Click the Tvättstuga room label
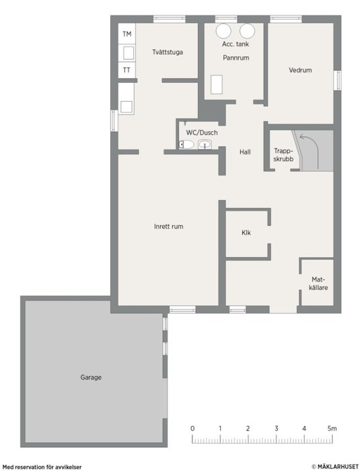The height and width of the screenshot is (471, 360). pyautogui.click(x=168, y=52)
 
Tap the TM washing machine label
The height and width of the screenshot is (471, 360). pyautogui.click(x=127, y=34)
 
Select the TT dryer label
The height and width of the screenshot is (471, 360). pyautogui.click(x=127, y=70)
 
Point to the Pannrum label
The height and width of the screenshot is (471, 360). pyautogui.click(x=236, y=58)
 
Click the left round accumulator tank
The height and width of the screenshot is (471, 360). pyautogui.click(x=223, y=31)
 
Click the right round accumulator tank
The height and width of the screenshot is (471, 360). pyautogui.click(x=248, y=31)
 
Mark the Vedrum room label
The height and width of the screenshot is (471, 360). pyautogui.click(x=300, y=70)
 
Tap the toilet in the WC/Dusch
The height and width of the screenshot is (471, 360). pyautogui.click(x=186, y=145)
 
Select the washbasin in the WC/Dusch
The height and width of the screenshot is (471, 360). pyautogui.click(x=205, y=145)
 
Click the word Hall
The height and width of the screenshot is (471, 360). pyautogui.click(x=245, y=152)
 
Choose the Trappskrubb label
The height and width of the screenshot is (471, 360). pyautogui.click(x=283, y=155)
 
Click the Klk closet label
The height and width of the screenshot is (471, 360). pyautogui.click(x=246, y=233)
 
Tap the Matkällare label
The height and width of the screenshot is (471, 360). pyautogui.click(x=318, y=283)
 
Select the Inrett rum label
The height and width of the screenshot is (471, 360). pyautogui.click(x=169, y=227)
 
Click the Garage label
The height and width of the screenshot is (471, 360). pyautogui.click(x=91, y=377)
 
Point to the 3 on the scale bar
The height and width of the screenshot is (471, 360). pyautogui.click(x=276, y=429)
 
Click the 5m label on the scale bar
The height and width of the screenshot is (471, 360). pyautogui.click(x=332, y=429)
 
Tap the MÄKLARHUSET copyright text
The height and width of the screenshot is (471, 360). pyautogui.click(x=335, y=466)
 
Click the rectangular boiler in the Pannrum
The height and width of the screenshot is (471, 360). pyautogui.click(x=217, y=84)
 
